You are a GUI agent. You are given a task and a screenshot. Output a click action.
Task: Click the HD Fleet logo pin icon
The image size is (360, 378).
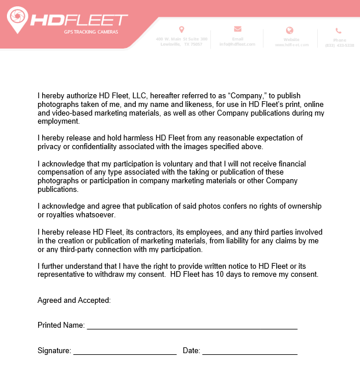[x=17, y=19]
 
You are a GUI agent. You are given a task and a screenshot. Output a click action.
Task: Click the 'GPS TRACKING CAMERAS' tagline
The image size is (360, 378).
[x=91, y=32]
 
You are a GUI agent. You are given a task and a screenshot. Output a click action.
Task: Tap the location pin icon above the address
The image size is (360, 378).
[x=181, y=29]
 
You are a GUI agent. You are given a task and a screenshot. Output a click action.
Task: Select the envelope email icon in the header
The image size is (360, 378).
[x=237, y=29]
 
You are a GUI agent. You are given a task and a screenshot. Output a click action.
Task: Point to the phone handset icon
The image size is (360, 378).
[x=339, y=31]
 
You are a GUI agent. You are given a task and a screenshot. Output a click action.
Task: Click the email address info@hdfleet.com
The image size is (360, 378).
[x=237, y=44]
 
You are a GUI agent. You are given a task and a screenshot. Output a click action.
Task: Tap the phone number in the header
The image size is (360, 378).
[x=339, y=45]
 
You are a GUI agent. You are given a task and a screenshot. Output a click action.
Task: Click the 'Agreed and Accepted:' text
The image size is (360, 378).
[x=74, y=301]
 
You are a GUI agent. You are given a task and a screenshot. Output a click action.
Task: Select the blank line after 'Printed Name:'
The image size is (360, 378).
[x=192, y=327]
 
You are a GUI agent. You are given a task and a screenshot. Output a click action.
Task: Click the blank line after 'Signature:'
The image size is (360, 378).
[x=124, y=353]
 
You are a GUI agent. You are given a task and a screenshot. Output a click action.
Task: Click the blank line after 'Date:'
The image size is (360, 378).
[x=250, y=353]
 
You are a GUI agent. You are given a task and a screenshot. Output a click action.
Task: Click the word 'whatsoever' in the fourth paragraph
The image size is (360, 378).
[x=99, y=215]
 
